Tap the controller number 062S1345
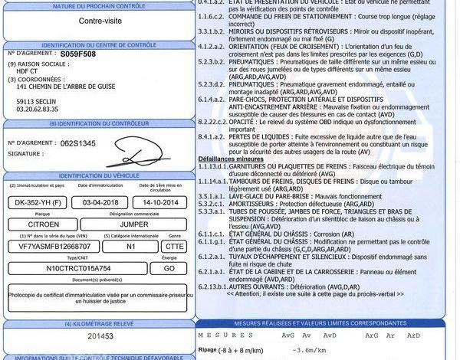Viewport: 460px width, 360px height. coord(78,143)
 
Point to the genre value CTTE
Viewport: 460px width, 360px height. coord(175,247)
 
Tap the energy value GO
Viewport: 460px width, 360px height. coord(169,269)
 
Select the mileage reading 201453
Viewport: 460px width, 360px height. coord(100,335)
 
